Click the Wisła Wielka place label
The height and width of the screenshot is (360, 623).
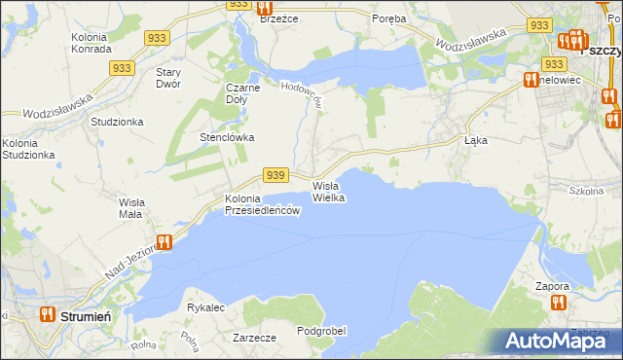coord(329,191)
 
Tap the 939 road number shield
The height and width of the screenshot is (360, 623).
coord(275,175)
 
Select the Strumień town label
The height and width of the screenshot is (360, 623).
coord(87,316)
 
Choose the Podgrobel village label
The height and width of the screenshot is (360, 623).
coord(321,331)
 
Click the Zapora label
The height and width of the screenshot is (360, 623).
coord(552,287)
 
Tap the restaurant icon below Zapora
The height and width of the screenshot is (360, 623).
coord(558,303)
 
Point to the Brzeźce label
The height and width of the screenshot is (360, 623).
coord(280,18)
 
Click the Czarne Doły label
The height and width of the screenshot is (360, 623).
coord(243,92)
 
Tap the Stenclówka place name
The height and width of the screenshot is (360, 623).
coord(227,137)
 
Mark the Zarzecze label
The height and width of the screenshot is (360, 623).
coord(254,337)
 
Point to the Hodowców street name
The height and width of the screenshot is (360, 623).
coord(302,93)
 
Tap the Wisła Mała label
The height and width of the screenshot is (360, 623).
coord(130,207)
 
